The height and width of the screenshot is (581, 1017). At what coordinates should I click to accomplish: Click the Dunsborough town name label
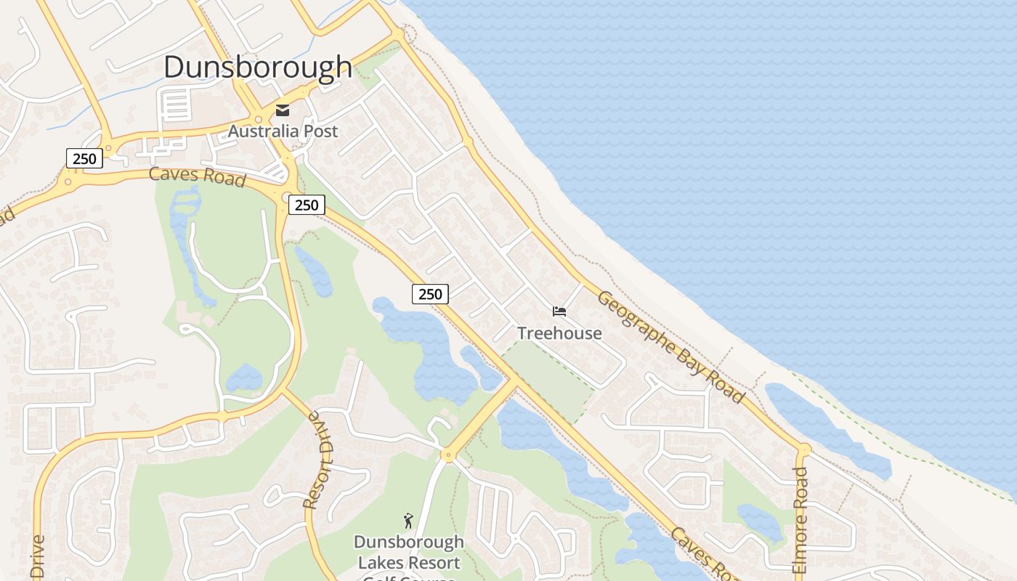point(258,67)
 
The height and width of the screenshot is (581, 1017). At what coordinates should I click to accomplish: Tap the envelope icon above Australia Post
point(282,110)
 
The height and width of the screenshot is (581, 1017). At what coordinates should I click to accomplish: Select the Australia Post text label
point(283,131)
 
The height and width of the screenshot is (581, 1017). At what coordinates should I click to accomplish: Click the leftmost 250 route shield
point(84,158)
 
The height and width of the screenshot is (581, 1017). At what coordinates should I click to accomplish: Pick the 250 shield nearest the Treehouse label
point(430,294)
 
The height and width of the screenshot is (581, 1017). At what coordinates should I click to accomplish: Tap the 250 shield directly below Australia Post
point(306,205)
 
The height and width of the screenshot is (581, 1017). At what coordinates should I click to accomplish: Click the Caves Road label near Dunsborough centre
point(197,176)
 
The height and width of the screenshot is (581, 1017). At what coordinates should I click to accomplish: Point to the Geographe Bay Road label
point(670,346)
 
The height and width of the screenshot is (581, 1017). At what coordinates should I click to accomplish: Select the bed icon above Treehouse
point(559,312)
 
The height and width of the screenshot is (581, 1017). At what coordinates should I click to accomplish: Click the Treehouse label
point(559,333)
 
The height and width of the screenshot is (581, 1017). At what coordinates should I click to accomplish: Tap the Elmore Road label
point(800,520)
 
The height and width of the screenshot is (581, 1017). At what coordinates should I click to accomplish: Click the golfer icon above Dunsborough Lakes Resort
point(408,521)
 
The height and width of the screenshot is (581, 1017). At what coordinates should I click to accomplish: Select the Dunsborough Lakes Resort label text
point(409,553)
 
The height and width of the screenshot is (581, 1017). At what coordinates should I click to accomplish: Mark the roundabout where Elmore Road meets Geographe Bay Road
point(803,450)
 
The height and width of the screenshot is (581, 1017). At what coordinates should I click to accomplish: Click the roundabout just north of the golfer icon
point(447,456)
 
